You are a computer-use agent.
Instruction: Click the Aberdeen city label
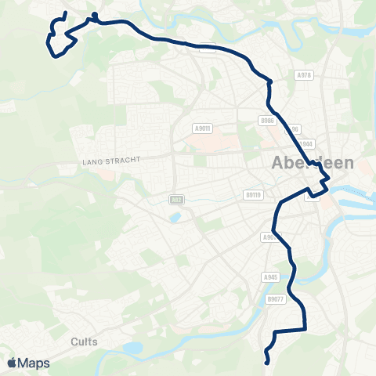[313, 164]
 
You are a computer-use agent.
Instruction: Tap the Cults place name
[84, 342]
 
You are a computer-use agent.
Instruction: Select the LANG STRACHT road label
[110, 160]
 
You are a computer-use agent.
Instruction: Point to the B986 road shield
[268, 121]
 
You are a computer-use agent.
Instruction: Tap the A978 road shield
[305, 75]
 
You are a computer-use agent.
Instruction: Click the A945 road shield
[271, 277]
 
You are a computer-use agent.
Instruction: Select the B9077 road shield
[275, 299]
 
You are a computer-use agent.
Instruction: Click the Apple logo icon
[12, 363]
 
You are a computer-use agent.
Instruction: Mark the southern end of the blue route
[268, 362]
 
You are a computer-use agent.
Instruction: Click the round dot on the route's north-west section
[94, 15]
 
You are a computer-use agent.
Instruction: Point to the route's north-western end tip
[65, 13]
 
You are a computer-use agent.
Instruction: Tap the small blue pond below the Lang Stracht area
[174, 217]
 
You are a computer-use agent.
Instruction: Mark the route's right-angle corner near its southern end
[304, 330]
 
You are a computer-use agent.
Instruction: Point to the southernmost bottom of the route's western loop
[54, 56]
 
